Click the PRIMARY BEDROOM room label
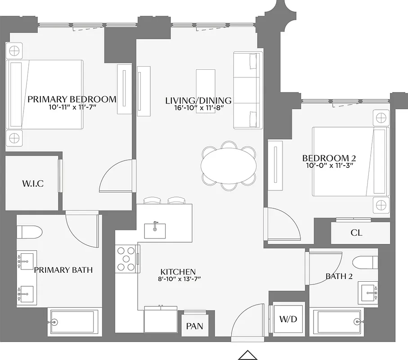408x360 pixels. pos(72,99)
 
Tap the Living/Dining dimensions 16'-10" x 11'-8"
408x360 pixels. pos(198,108)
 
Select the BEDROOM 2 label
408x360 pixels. pos(329,158)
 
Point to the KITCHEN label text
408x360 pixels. pos(178,272)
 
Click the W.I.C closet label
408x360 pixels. pos(33,184)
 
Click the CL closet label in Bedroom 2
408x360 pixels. pos(357,233)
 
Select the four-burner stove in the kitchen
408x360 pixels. pos(126,258)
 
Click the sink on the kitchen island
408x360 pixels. pos(155,230)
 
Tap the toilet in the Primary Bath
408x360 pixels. pos(30,232)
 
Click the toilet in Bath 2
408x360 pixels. pos(366,262)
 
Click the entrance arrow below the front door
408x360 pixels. pos(247,355)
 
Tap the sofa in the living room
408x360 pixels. pos(247,90)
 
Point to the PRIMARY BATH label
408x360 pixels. pos(63,270)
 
